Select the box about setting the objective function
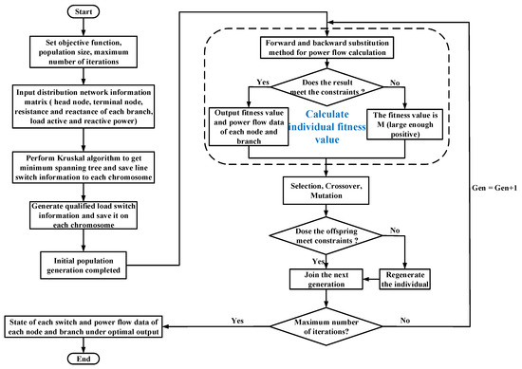coord(84,47)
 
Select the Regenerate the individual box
coord(404,282)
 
